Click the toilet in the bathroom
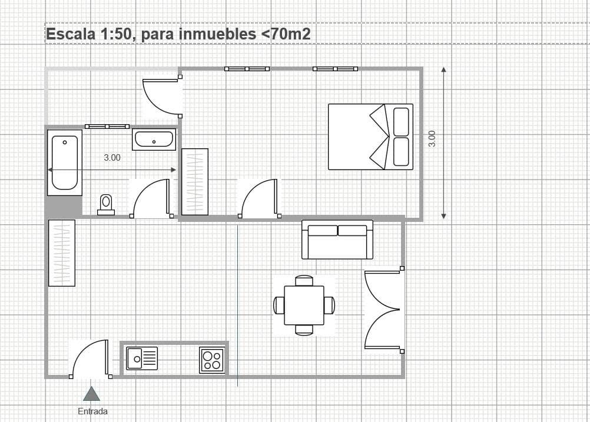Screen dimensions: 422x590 (106, 204)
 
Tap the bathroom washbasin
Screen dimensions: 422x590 (154, 139)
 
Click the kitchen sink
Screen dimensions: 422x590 (141, 358)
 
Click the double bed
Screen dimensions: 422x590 (370, 137)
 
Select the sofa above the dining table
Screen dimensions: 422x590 (337, 239)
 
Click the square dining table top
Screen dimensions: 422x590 (304, 305)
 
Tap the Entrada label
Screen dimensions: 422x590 (92, 411)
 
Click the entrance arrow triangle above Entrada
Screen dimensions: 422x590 (91, 394)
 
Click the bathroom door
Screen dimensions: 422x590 (151, 199)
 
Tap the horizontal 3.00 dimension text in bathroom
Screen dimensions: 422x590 (112, 157)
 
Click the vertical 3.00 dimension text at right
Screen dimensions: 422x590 (432, 138)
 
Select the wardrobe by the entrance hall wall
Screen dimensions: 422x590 (62, 252)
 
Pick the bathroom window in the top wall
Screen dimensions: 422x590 (107, 126)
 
